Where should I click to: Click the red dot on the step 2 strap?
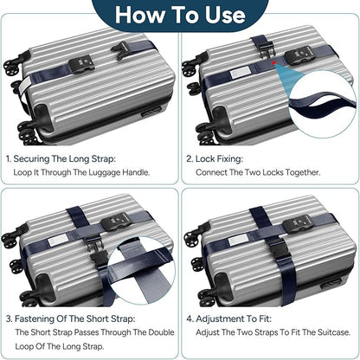click(273, 62)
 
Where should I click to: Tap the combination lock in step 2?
click(298, 57)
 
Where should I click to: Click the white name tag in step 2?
click(240, 71)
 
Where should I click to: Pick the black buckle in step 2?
click(266, 48)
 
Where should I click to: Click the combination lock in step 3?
click(114, 223)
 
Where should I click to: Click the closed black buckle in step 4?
click(277, 249)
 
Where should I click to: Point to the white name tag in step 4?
click(239, 240)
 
